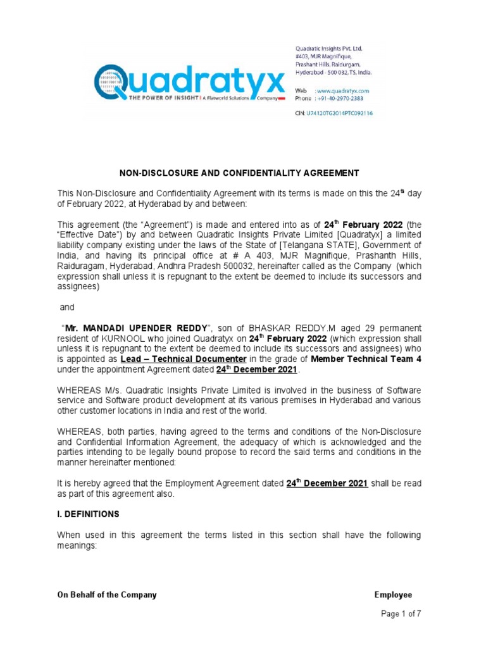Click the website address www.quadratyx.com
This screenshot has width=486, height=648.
coord(343,91)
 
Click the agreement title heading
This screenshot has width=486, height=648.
coord(240,173)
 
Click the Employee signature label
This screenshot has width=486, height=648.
coord(393,595)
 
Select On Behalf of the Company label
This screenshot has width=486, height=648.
coord(107,595)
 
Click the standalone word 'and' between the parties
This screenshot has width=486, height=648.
coord(67,308)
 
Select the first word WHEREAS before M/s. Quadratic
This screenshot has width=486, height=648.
coord(79,390)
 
